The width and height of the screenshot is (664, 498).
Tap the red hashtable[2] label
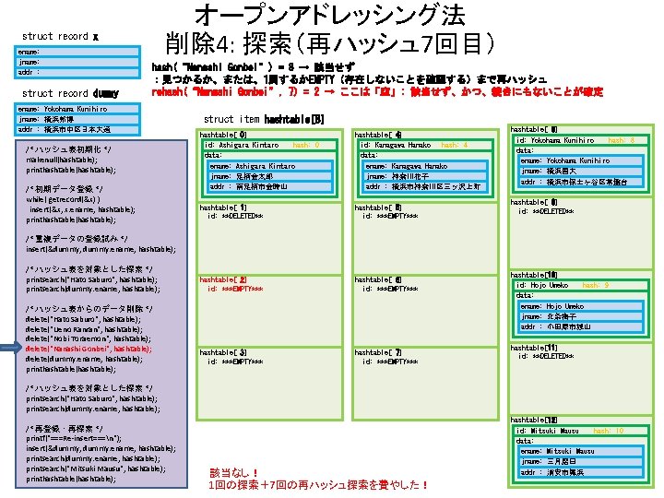pos(222,279)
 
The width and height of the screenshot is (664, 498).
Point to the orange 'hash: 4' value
pos(455,145)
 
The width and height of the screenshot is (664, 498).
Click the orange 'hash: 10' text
pos(608,431)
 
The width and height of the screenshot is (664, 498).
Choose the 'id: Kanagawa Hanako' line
pos(396,145)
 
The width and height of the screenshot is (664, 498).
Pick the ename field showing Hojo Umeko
pos(551,305)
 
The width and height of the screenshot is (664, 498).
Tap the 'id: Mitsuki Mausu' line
pos(548,431)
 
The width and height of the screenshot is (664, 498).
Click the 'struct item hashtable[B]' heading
pos(264,119)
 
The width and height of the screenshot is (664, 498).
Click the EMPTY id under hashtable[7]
pos(391,362)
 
